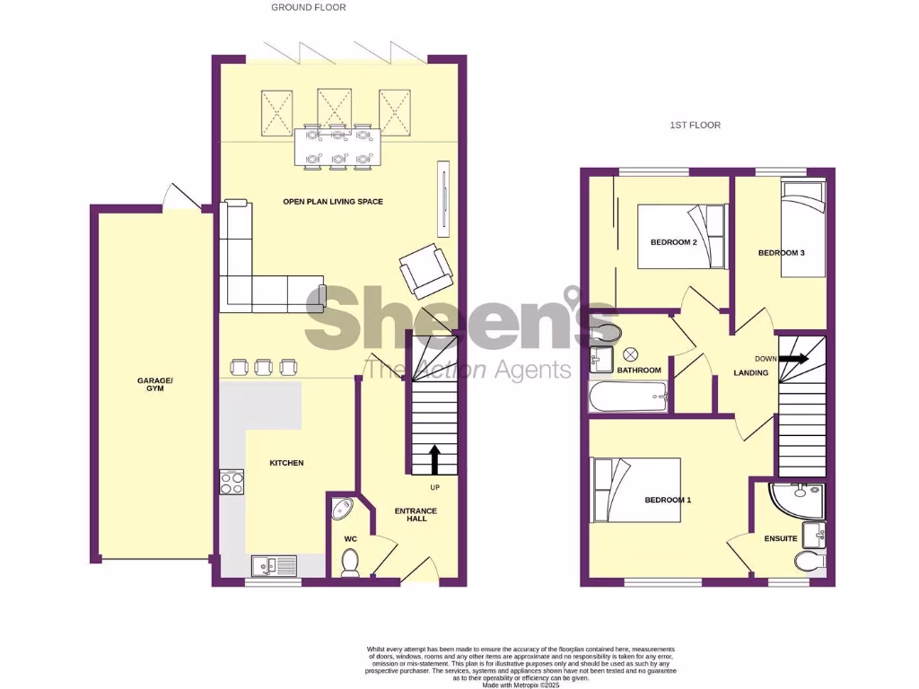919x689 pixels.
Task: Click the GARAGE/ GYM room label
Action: tap(155, 385)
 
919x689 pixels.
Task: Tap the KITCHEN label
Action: tap(287, 463)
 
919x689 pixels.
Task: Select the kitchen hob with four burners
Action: tap(232, 483)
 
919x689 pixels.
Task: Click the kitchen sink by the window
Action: tap(275, 564)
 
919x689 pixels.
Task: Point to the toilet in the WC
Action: tap(350, 563)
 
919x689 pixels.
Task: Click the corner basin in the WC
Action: tap(341, 510)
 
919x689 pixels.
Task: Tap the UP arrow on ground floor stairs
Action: tap(435, 459)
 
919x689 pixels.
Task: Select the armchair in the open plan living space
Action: tap(426, 270)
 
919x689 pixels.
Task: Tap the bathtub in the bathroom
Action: tap(628, 396)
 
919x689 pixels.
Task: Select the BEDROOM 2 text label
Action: tap(674, 242)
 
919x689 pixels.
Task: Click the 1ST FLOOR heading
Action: tap(695, 126)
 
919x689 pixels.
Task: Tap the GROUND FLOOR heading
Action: tap(309, 7)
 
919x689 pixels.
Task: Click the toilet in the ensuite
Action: tap(810, 562)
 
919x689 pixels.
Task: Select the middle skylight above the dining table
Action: tap(335, 108)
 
